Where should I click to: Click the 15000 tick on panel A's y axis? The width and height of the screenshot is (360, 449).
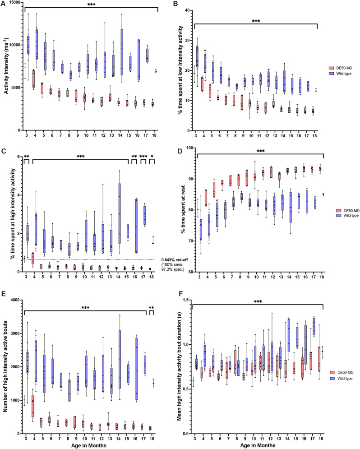point(12,3)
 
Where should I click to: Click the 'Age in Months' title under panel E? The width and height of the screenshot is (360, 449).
point(90,445)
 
